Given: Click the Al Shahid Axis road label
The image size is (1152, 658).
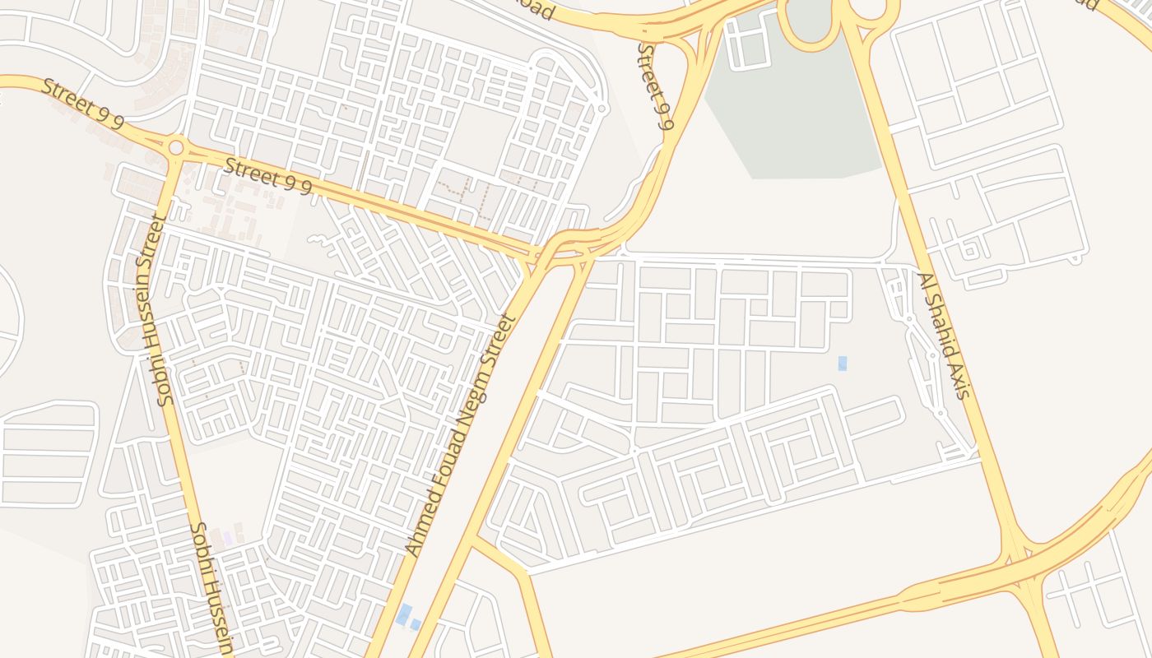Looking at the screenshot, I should (944, 336).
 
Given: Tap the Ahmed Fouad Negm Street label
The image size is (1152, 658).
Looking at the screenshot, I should (462, 434).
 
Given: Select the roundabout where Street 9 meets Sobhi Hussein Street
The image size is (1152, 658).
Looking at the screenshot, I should (175, 148).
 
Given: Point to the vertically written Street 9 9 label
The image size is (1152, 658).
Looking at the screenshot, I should (656, 86).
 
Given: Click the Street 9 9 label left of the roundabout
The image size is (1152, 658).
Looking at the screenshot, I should (82, 104).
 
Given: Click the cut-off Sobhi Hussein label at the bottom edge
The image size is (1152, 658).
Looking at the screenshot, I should (211, 587).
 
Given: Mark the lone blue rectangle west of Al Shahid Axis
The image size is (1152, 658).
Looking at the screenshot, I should (843, 364).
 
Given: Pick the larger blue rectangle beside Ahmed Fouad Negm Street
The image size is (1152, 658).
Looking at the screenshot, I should (403, 614).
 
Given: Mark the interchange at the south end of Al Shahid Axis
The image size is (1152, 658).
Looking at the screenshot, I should (1020, 568).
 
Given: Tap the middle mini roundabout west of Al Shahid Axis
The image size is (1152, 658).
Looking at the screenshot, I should (931, 356).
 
